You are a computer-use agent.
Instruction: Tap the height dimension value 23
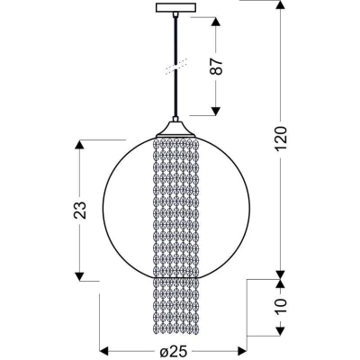82,210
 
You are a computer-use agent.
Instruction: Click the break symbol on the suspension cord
175,66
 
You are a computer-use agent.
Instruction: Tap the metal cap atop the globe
175,129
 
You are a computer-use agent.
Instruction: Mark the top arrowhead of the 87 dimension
216,20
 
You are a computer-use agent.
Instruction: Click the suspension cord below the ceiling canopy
175,40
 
